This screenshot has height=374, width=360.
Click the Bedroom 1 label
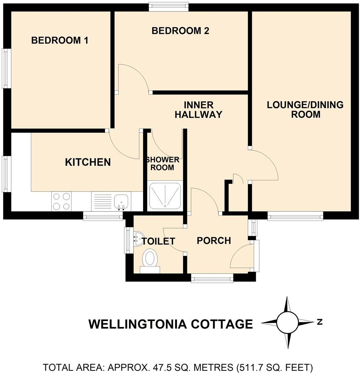coord(60,40)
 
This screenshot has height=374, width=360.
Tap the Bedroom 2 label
coord(180,31)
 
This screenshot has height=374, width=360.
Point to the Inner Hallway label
coord(198,110)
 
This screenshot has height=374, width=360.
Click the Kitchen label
coord(88,162)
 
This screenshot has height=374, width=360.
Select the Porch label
coord(214,240)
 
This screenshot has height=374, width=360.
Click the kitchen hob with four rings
coord(61,201)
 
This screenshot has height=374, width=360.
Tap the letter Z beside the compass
coord(319,322)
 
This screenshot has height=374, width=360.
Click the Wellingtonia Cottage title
coord(171,324)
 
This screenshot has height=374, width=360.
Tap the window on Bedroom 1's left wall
coord(6,68)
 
